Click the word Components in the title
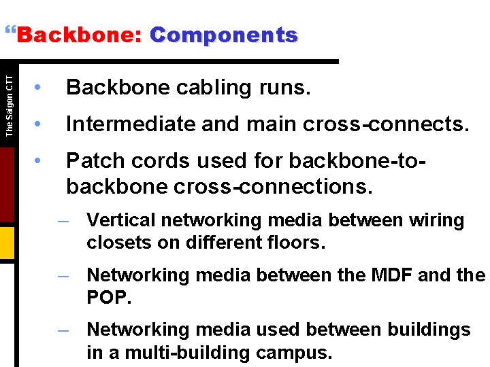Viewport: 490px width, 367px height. click(x=224, y=35)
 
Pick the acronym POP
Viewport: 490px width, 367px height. click(x=110, y=298)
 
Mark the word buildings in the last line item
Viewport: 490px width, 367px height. click(x=429, y=330)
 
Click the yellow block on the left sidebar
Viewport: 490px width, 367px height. click(x=7, y=243)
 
